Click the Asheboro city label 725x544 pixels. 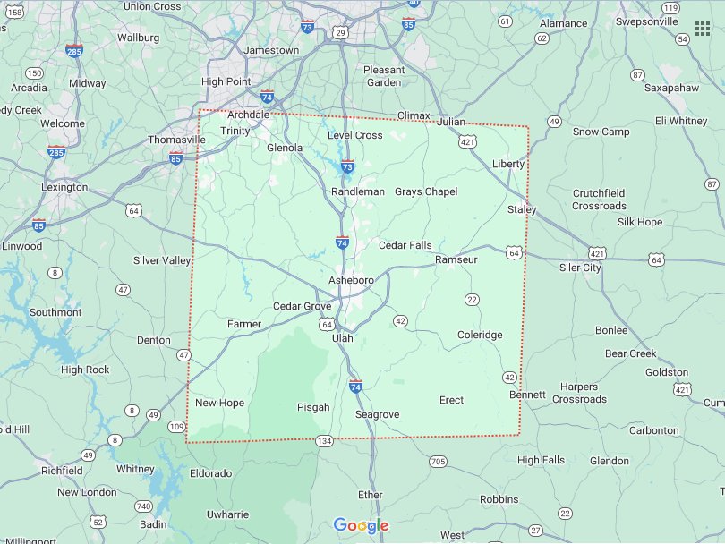point(351,280)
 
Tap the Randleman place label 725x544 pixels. point(357,191)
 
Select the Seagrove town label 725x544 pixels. point(377,414)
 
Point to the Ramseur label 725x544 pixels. point(456,259)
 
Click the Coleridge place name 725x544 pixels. point(480,335)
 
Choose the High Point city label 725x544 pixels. point(226,81)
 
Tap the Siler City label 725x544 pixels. point(580,268)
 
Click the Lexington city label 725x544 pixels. point(64,187)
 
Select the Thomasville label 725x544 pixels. point(175,140)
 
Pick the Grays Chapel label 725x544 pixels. point(426,191)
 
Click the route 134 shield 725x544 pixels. point(324,441)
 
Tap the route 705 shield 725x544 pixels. point(438,462)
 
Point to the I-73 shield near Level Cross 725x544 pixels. point(347,166)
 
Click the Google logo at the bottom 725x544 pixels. point(361,525)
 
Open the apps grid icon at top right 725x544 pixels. point(703,30)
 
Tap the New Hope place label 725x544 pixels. point(219,403)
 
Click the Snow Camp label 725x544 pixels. point(601,132)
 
